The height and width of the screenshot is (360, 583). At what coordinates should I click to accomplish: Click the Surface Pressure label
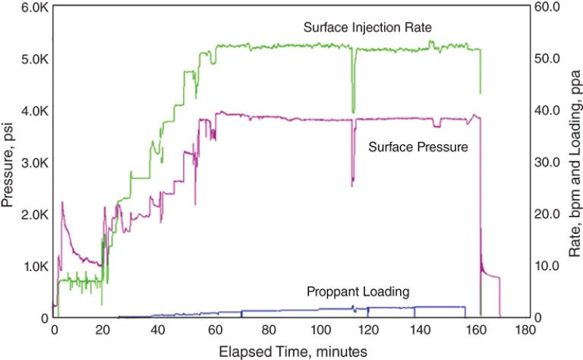tap(418, 146)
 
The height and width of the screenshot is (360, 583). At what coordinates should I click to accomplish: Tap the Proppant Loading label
tap(357, 292)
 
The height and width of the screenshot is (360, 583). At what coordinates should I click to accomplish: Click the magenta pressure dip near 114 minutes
tap(352, 185)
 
